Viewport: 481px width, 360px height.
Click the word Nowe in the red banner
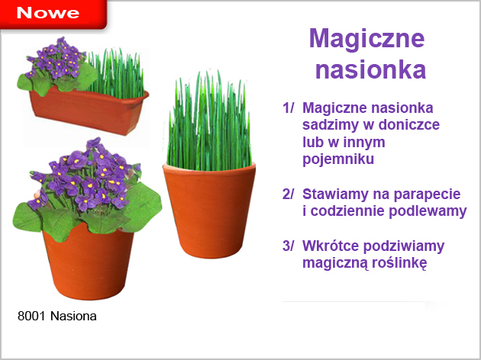click(48, 12)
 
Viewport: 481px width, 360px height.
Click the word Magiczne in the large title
click(367, 40)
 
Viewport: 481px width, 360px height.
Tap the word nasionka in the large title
click(370, 70)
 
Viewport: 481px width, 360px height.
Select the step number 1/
click(288, 108)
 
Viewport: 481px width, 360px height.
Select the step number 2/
click(288, 194)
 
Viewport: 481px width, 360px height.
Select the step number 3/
click(288, 246)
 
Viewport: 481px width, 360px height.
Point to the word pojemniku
click(338, 159)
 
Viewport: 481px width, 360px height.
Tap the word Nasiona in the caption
click(73, 316)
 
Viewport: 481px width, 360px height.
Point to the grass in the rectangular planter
click(117, 73)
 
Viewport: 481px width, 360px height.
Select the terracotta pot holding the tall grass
click(209, 211)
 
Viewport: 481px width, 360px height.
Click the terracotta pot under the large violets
click(89, 263)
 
